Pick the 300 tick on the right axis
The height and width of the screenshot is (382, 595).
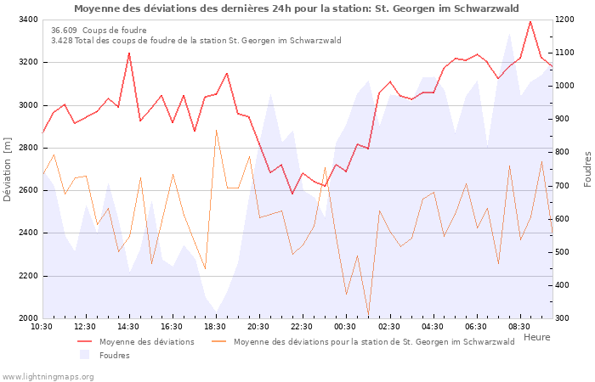(x=565, y=318)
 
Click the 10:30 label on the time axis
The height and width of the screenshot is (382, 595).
(x=42, y=327)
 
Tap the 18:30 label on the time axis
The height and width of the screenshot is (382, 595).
(x=215, y=327)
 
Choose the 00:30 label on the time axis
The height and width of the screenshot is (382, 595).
(x=345, y=327)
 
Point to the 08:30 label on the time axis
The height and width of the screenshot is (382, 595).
(x=519, y=327)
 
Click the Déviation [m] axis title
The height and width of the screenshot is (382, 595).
(x=8, y=169)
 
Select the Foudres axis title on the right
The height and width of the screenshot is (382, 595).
(x=587, y=169)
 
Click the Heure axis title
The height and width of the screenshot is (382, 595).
(x=536, y=337)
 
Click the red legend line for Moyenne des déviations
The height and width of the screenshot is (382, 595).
(x=85, y=342)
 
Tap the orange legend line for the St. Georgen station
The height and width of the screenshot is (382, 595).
(x=220, y=342)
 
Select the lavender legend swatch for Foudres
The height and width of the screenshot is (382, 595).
(x=85, y=355)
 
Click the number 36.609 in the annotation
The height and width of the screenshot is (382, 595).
(x=64, y=31)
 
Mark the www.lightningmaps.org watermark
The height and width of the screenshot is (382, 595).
(x=47, y=375)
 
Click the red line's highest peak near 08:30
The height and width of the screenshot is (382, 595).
(x=530, y=22)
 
